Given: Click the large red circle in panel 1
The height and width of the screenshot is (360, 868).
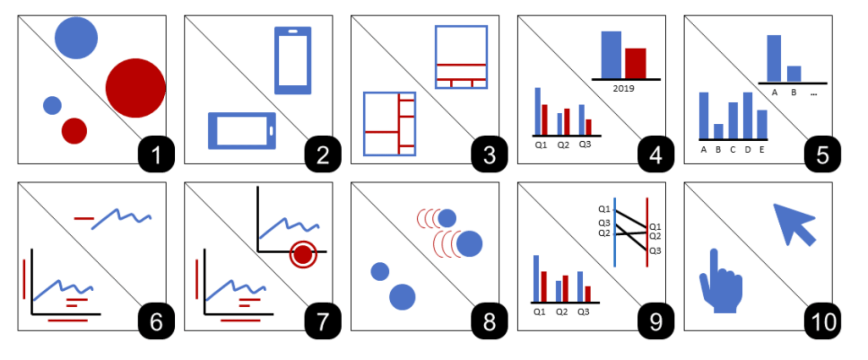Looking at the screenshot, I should click(x=136, y=88).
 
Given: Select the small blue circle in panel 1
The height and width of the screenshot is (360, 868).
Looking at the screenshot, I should click(x=52, y=105).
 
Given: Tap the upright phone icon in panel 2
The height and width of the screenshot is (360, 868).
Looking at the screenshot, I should click(x=293, y=60).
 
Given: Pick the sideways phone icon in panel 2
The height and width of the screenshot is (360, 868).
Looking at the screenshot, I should click(x=242, y=130).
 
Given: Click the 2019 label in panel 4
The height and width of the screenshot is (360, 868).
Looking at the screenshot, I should click(x=623, y=89).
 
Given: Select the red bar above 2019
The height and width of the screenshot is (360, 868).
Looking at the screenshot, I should click(x=635, y=63).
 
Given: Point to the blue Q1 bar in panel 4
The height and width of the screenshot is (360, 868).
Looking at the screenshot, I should click(x=538, y=111).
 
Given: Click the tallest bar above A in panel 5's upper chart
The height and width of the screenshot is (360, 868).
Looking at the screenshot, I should click(x=773, y=58).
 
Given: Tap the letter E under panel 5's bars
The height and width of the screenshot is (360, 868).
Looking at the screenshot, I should click(x=762, y=150).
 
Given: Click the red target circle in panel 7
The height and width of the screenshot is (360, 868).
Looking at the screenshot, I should click(x=303, y=255).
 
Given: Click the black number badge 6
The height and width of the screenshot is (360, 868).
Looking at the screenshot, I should click(x=156, y=321).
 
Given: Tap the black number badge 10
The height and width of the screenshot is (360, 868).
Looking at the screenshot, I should click(x=823, y=321).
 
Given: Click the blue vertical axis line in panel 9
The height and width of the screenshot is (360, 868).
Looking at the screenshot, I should click(x=615, y=232).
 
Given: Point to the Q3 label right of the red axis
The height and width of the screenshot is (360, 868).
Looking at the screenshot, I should click(x=655, y=251).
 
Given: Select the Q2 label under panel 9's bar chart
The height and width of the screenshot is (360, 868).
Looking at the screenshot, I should click(x=561, y=312).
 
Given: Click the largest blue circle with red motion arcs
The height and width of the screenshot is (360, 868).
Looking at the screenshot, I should click(x=469, y=244).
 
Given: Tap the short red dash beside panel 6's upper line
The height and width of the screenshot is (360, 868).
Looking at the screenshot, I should click(x=84, y=219).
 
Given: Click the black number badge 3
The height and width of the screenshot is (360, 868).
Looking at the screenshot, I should click(x=489, y=155).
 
